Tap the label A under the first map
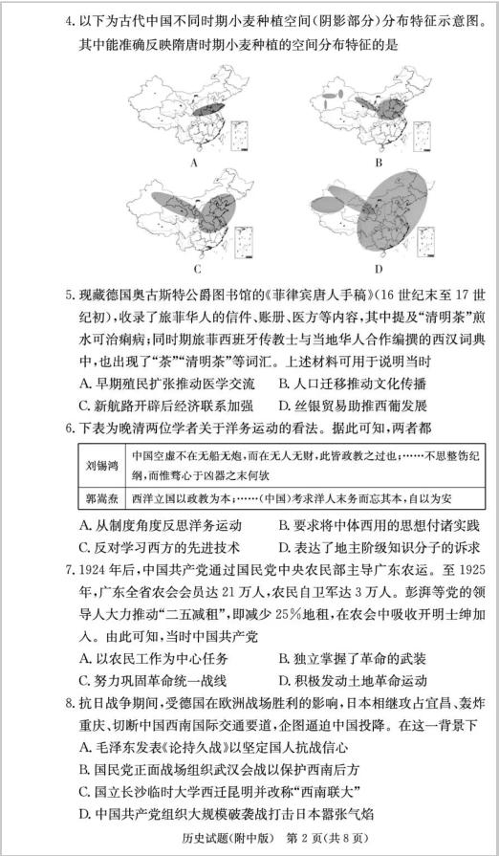[x=194, y=162]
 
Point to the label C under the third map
[x=194, y=269]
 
